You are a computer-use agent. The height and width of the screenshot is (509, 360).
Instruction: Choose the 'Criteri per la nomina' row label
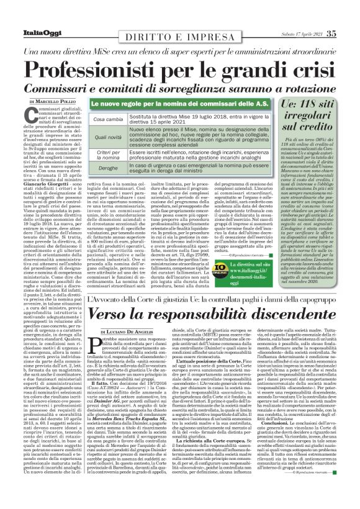[107, 156]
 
